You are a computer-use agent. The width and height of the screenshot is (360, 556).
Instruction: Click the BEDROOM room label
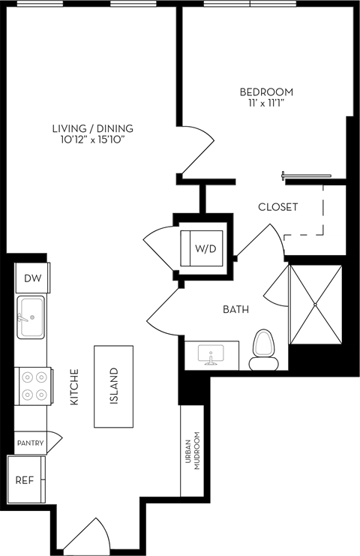[x=266, y=92]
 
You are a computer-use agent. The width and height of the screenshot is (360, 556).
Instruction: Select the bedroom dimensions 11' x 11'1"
[x=266, y=104]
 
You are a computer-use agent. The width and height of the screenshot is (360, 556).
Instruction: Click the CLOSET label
[x=277, y=207]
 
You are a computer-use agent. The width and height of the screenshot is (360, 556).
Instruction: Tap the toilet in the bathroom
[x=263, y=350]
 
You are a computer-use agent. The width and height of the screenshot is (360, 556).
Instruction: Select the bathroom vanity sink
[x=212, y=355]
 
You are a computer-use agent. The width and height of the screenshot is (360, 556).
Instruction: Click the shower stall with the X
[x=314, y=304]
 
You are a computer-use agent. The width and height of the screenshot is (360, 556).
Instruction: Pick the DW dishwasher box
[x=32, y=278]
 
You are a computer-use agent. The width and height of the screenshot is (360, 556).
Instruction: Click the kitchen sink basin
[x=31, y=317]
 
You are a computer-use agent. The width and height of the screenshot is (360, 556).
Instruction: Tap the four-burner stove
[x=32, y=386]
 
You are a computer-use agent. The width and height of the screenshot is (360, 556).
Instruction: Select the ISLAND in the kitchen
[x=114, y=386]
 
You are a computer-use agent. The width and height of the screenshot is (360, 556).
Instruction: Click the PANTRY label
[x=31, y=443]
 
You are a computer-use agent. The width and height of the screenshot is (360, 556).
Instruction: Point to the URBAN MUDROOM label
[x=193, y=451]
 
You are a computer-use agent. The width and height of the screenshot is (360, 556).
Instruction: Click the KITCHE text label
[x=74, y=387]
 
